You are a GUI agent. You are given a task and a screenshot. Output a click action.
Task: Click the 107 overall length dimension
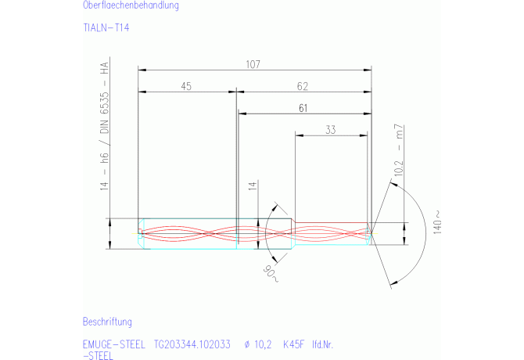253,64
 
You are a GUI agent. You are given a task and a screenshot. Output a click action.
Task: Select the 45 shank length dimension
186,86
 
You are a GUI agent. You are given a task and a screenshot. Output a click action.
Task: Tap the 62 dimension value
303,86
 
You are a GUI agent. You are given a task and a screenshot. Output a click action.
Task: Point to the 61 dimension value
303,108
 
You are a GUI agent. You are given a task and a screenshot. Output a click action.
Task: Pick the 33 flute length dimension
331,130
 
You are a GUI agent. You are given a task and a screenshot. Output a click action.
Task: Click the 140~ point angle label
437,222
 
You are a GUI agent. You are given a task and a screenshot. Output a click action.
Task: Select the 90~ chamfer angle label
271,274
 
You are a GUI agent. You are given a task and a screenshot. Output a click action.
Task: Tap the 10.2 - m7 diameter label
399,149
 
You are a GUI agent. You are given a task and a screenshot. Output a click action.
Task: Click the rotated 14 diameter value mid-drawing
253,185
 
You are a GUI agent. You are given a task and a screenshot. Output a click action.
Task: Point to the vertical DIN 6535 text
105,113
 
